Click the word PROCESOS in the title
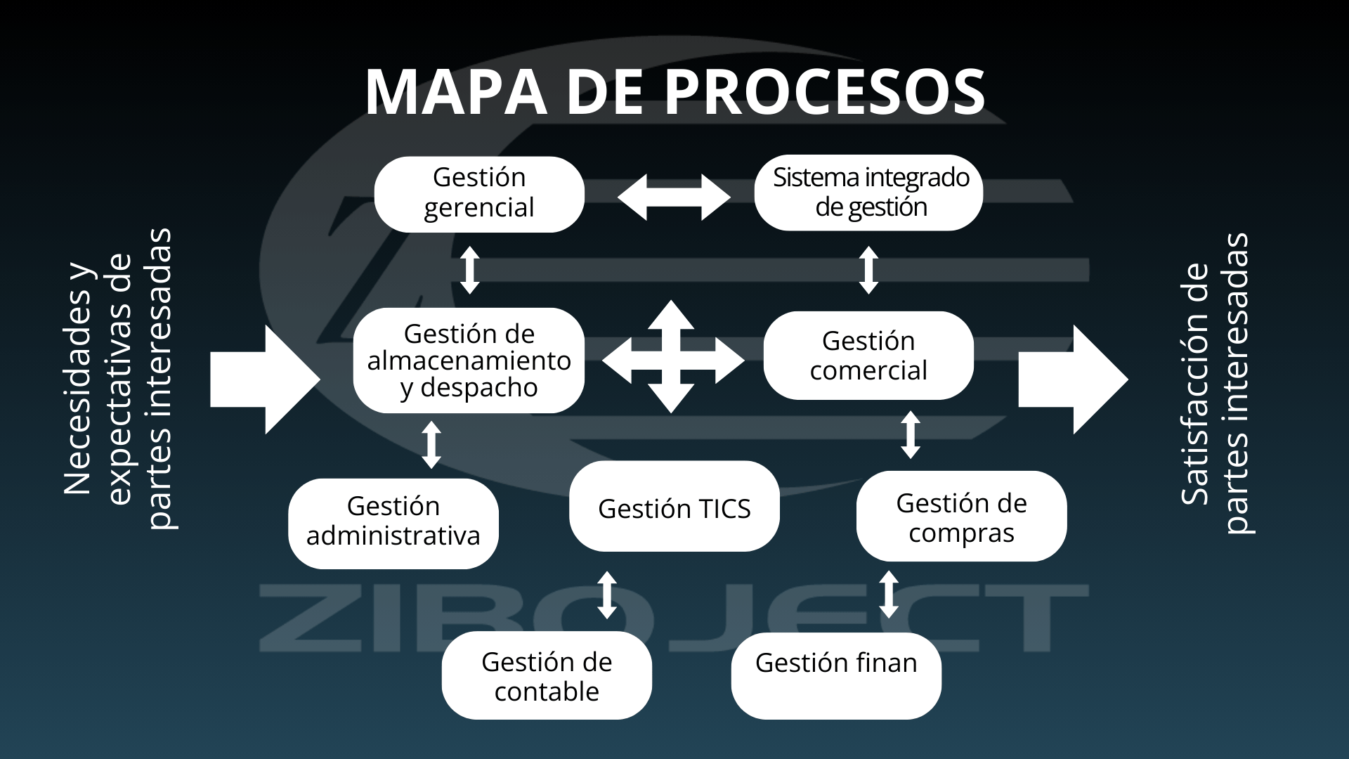824,92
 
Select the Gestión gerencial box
479,194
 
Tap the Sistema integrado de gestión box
868,193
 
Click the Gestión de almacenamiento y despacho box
469,361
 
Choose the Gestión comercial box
868,356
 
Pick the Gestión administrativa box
393,523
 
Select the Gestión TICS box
674,507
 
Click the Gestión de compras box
961,517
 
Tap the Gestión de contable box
547,675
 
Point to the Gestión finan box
836,675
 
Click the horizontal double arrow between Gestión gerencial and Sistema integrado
673,197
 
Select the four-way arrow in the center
672,357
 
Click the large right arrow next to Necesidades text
265,379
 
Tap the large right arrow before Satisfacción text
1073,379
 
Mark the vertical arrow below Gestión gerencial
470,270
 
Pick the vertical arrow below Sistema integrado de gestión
869,270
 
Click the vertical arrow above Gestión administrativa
431,445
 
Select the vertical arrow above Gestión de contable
607,595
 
